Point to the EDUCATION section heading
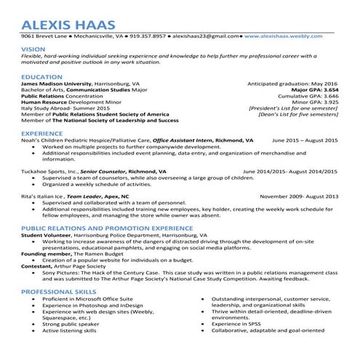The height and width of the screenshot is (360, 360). [41, 76]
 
